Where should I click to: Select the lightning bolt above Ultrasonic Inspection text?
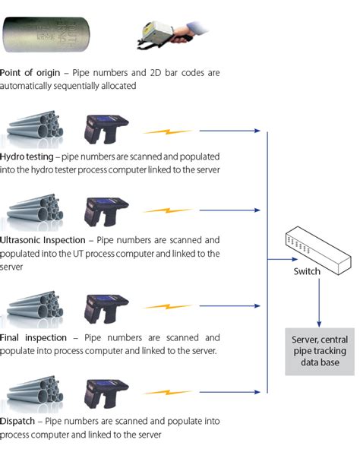tap(169, 210)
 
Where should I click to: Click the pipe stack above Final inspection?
tap(35, 305)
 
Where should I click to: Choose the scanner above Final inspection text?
tap(106, 307)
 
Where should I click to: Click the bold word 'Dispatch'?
tap(20, 420)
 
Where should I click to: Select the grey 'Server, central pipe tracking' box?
tap(319, 352)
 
